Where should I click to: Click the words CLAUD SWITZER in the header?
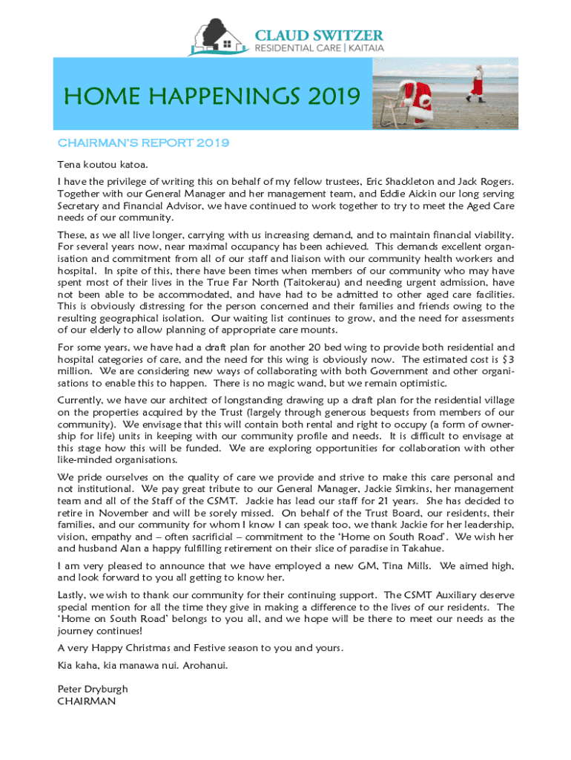click(319, 35)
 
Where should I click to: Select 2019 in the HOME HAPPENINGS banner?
click(331, 96)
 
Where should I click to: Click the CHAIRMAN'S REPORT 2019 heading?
click(143, 142)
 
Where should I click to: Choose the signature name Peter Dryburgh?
click(93, 689)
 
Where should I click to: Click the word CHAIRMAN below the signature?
click(87, 701)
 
